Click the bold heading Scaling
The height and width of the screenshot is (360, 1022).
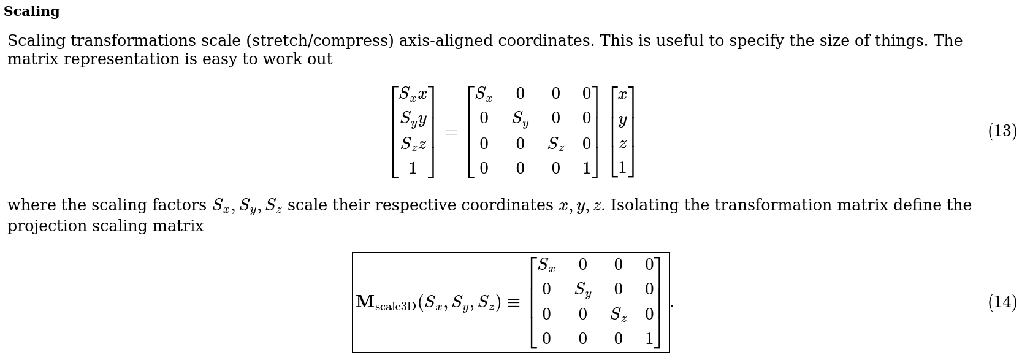tap(31, 12)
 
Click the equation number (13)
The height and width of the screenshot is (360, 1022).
tap(1002, 131)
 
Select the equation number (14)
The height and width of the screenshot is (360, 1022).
tap(1002, 302)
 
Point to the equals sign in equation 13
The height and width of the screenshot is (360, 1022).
tap(451, 132)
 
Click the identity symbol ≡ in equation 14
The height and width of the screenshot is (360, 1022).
tap(513, 303)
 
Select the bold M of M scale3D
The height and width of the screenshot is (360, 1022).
tap(365, 302)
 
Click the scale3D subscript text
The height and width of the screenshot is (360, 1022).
tap(395, 307)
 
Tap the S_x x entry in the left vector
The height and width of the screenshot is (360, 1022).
tap(413, 94)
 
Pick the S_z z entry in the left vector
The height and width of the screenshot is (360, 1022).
tap(413, 144)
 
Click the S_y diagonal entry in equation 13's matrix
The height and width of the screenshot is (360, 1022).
tap(520, 119)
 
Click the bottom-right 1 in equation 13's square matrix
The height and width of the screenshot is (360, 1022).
tap(587, 169)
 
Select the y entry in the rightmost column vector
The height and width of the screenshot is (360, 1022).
tap(622, 120)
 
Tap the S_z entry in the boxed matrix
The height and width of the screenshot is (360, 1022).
tap(619, 315)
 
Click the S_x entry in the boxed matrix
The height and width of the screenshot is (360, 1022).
tap(546, 265)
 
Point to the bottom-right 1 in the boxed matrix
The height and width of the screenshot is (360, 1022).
tap(649, 339)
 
